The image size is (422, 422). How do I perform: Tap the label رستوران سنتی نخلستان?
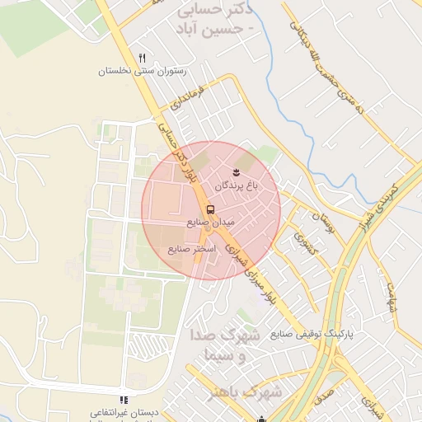click(x=143, y=72)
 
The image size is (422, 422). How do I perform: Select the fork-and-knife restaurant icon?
click(x=143, y=58)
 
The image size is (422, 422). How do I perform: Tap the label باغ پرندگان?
click(x=237, y=187)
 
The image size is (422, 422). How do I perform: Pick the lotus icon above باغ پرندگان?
click(x=237, y=172)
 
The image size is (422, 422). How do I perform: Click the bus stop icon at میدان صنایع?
click(x=210, y=209)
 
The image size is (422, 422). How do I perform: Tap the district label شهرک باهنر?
click(x=253, y=392)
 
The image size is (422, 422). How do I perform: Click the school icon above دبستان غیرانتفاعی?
click(x=124, y=399)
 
